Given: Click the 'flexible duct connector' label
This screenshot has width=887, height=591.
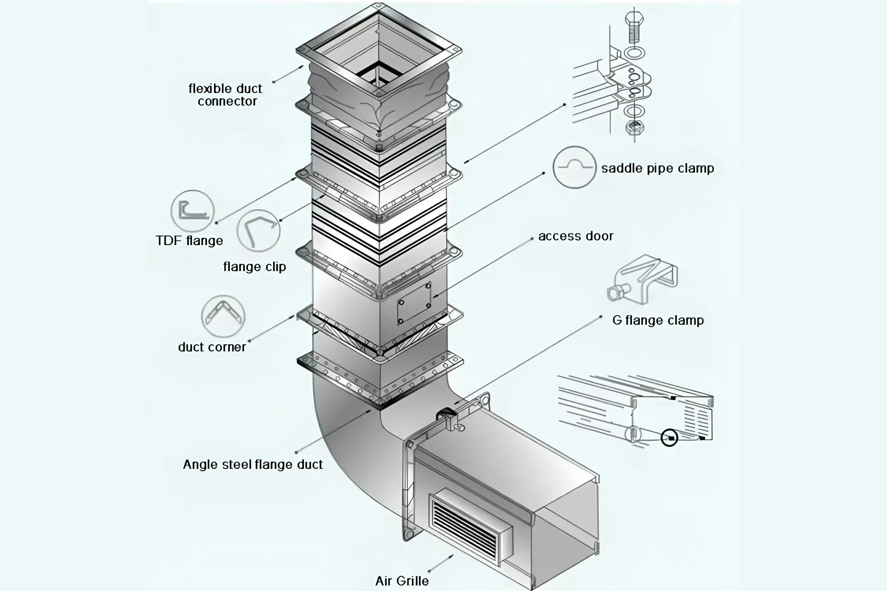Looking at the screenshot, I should tap(226, 95).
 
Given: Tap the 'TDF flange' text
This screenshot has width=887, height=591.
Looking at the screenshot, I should tap(189, 240).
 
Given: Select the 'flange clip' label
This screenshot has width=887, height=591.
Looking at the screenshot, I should tap(254, 267).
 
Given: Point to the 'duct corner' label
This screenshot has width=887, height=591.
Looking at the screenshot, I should tap(212, 347).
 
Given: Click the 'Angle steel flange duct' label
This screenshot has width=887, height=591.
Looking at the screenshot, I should tap(253, 465).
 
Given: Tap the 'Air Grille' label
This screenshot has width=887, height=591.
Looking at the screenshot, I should tap(402, 581).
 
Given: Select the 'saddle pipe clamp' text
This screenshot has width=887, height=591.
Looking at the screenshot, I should tap(657, 168).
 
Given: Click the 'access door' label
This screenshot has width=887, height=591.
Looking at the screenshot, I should tap(576, 236).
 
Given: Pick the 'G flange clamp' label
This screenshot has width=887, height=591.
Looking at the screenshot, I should tap(658, 320).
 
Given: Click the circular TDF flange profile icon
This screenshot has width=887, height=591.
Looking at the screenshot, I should tap(192, 211).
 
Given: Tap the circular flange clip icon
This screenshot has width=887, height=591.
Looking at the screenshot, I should tap(258, 231).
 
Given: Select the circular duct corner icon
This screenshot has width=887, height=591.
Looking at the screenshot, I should tap(223, 316).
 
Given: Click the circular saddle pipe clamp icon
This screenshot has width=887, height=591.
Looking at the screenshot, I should tap(574, 167).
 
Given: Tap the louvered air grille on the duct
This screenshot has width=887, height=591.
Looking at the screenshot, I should tap(469, 524).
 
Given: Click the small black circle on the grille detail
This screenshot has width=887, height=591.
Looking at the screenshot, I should tap(669, 438).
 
